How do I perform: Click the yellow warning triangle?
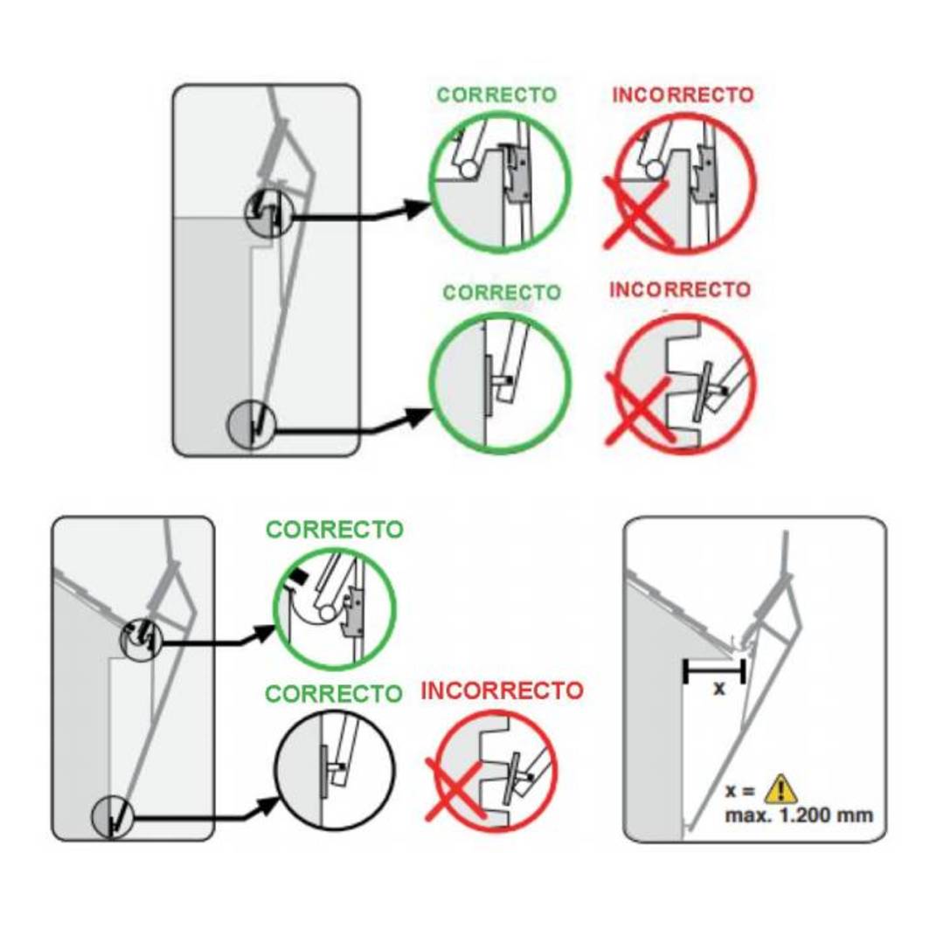click(x=781, y=789)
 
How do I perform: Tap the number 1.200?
click(x=806, y=816)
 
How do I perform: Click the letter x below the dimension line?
click(x=718, y=688)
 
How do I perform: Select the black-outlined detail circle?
click(x=335, y=771)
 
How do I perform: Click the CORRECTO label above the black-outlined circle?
click(x=334, y=693)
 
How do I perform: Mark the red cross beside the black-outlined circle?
click(x=456, y=788)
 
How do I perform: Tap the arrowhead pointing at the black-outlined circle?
click(x=268, y=806)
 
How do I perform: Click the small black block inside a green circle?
click(x=298, y=578)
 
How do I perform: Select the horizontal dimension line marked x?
click(x=715, y=670)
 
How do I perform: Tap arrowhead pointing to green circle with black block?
click(x=264, y=634)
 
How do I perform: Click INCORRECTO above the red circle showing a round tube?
click(x=683, y=94)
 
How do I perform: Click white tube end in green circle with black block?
click(x=328, y=613)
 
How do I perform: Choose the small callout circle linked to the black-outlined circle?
click(x=113, y=816)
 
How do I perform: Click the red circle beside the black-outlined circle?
click(x=496, y=770)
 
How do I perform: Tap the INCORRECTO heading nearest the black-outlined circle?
click(x=502, y=691)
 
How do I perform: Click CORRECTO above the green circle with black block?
click(x=335, y=530)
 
